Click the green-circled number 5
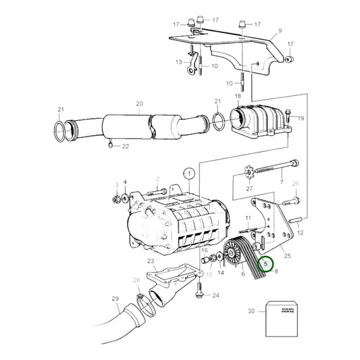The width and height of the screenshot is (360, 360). (266, 263)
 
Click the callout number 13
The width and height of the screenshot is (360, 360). (179, 61)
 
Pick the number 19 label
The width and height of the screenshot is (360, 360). (301, 118)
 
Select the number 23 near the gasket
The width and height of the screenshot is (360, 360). (150, 261)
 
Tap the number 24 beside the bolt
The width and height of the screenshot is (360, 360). (215, 295)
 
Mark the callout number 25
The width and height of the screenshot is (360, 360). (287, 255)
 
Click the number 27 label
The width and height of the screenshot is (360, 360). (249, 188)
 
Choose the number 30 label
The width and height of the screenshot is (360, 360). (252, 311)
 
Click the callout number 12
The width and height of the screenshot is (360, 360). (301, 232)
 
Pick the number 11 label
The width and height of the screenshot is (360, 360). (249, 217)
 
